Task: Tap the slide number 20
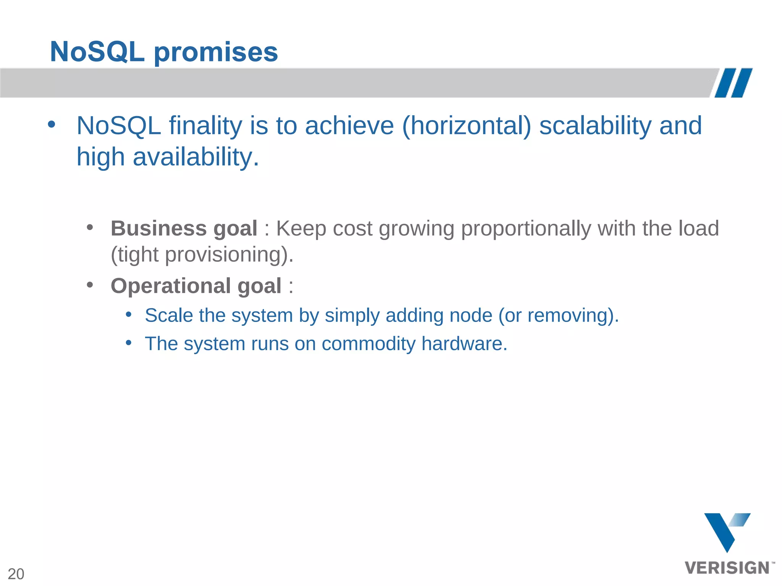pyautogui.click(x=16, y=574)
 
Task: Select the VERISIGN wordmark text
pyautogui.click(x=727, y=568)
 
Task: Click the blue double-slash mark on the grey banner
pyautogui.click(x=734, y=83)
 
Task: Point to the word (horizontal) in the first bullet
pyautogui.click(x=466, y=126)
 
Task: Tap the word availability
pyautogui.click(x=192, y=157)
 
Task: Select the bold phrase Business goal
pyautogui.click(x=184, y=228)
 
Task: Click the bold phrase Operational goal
pyautogui.click(x=196, y=286)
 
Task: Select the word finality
pyautogui.click(x=205, y=126)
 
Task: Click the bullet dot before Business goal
pyautogui.click(x=90, y=228)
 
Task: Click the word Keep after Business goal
pyautogui.click(x=301, y=228)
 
